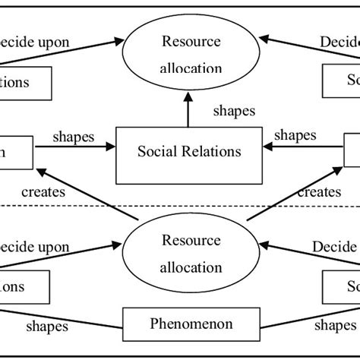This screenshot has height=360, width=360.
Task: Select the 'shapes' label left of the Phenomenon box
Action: click(x=47, y=326)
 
